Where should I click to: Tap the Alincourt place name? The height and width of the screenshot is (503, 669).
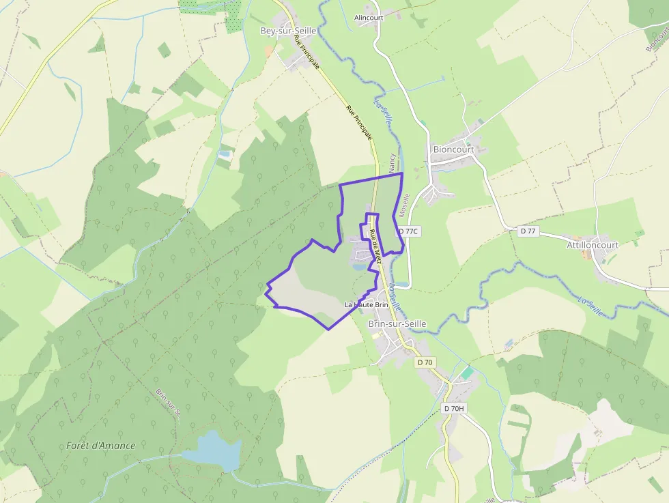coord(369,18)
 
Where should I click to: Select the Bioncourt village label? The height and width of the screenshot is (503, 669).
coord(453,149)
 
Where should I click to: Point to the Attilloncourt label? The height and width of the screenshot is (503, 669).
coord(593,245)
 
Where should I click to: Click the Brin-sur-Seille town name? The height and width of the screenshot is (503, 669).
coord(397,324)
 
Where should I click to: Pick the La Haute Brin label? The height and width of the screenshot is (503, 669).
coord(367,304)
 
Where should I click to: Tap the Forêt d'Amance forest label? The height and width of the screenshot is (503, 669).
coord(101,446)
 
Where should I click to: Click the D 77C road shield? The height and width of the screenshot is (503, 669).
coord(408,231)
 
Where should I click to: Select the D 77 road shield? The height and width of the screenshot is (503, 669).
coord(528,231)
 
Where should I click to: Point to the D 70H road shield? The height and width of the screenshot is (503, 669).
coord(453,408)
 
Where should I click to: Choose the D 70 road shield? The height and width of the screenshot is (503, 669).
coord(425,362)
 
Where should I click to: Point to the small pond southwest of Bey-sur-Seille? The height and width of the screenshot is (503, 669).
coord(224,155)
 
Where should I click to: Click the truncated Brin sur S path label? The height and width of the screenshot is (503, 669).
coord(167,402)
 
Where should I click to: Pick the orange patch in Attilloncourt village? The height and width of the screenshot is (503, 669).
coord(587,254)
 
